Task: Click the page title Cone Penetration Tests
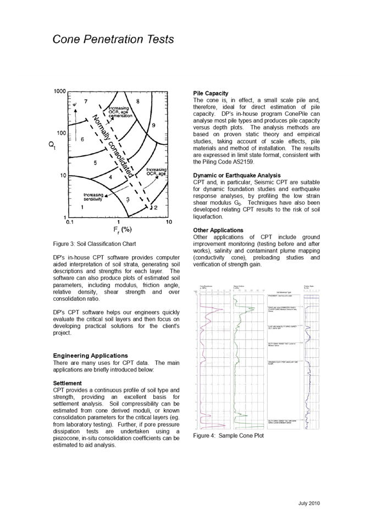113,40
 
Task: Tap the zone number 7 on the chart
86,102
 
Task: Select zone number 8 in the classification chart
137,102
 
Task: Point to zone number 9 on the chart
153,125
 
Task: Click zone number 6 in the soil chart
81,139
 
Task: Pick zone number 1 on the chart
82,207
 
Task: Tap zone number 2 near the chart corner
156,207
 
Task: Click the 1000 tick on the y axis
60,90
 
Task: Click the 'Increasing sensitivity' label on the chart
94,196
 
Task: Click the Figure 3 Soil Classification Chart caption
95,244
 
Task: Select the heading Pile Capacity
211,93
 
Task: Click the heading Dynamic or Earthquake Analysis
237,175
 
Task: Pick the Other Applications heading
218,230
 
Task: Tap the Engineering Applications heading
90,356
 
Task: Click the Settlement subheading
67,383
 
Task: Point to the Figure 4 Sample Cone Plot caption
229,435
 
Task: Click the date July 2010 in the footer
309,503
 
